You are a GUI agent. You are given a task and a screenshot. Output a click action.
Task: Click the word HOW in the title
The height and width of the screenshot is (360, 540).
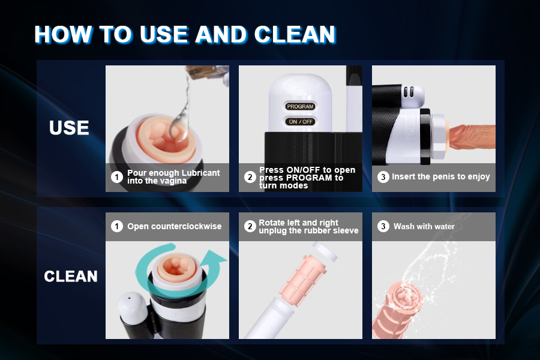click(x=64, y=34)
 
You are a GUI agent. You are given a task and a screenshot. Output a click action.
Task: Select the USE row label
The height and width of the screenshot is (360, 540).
click(x=69, y=128)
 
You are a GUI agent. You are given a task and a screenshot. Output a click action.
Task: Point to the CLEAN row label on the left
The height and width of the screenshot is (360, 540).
click(x=71, y=276)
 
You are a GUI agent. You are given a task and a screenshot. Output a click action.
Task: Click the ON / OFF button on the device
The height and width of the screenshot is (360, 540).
click(x=301, y=122)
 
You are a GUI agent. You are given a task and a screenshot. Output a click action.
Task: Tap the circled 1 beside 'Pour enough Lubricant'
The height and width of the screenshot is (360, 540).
click(x=117, y=177)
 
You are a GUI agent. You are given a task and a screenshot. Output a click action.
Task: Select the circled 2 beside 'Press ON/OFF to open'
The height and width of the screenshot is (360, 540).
click(x=250, y=177)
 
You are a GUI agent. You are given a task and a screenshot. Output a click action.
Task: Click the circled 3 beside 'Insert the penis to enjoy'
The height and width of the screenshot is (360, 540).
click(x=383, y=177)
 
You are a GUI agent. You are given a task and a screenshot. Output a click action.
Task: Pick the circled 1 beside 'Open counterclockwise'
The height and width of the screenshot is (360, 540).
click(x=117, y=226)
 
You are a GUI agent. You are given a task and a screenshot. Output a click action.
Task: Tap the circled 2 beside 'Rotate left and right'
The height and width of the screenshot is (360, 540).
click(x=250, y=226)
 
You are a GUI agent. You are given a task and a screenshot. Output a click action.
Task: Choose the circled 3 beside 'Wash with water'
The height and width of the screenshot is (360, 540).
click(x=383, y=226)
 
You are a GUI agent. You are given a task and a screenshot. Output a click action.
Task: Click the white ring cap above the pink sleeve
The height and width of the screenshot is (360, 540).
click(x=325, y=251)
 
